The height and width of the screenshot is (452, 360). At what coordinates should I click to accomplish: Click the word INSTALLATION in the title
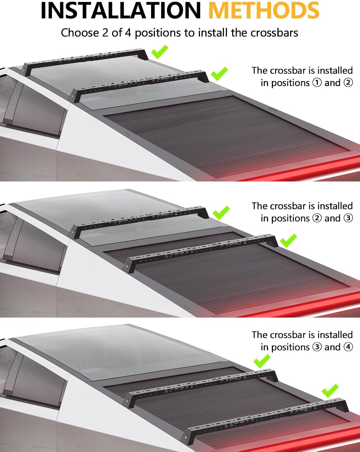point(121,11)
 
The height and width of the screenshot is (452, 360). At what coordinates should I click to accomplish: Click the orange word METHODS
point(264,11)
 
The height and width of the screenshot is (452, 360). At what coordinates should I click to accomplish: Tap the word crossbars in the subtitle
point(274,33)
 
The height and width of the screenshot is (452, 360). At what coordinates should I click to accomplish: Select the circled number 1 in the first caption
point(317,83)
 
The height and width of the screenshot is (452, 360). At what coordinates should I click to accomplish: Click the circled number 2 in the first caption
point(348,83)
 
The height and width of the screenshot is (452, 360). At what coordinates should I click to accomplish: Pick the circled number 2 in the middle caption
point(317,218)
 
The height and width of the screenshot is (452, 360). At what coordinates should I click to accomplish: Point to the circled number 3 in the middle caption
point(348,218)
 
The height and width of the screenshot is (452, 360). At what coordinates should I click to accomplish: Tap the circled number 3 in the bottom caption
point(317,347)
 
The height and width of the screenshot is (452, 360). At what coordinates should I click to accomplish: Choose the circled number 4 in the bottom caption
point(348,347)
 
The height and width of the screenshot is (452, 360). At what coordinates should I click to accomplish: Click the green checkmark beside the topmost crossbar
point(159,52)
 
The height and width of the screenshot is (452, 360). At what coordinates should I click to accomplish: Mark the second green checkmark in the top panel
point(219,74)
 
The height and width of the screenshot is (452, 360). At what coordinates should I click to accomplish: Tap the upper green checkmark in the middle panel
point(221,213)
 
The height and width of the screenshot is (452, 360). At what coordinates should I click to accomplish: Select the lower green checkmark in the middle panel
point(288,240)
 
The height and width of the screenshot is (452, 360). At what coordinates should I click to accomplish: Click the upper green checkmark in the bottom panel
point(262,361)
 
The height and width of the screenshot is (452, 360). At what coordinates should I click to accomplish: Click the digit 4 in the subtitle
point(128,33)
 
